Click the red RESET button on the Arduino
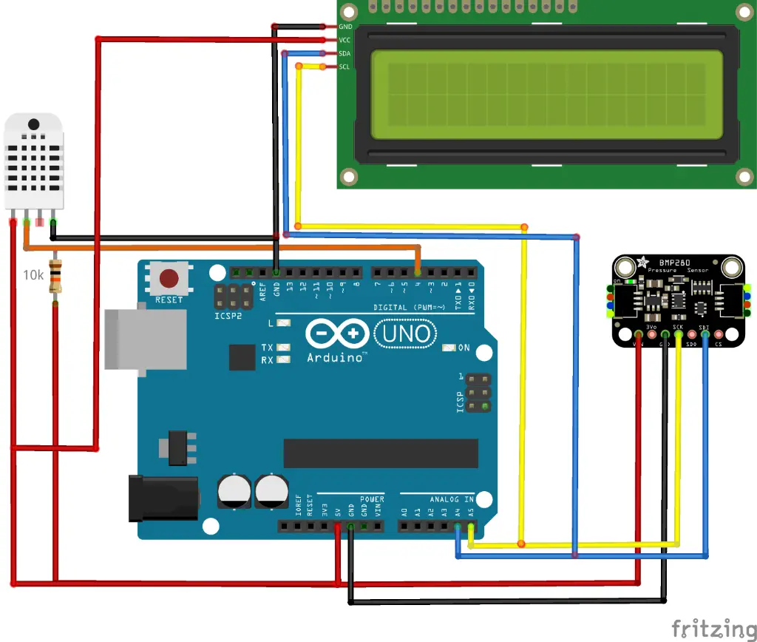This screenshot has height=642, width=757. [169, 279]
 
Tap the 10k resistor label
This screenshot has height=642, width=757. [33, 275]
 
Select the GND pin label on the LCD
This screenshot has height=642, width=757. [344, 27]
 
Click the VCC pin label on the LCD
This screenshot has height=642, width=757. [344, 40]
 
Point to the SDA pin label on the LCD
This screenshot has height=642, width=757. [344, 53]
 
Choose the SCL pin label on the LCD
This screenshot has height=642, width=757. [344, 67]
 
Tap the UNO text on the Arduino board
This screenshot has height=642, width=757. [406, 334]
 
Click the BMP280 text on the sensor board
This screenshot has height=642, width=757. [661, 262]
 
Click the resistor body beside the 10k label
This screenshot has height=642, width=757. [55, 277]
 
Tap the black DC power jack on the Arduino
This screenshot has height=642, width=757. [163, 499]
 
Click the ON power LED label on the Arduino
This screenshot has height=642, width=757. [464, 348]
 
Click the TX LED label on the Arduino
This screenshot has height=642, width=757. [267, 348]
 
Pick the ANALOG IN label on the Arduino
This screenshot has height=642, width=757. [447, 499]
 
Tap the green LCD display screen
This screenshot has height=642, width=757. [546, 95]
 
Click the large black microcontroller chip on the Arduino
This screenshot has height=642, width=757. [380, 453]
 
